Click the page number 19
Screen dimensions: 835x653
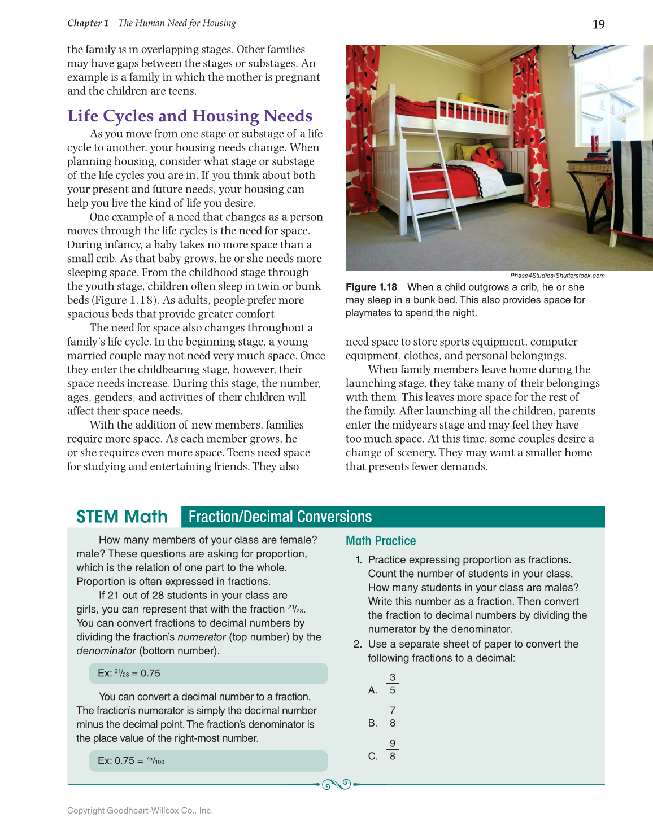coord(598,24)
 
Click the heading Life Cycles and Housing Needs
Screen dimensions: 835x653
coord(190,116)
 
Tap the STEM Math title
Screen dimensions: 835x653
coord(122,517)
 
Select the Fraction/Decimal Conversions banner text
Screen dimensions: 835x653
coord(280,517)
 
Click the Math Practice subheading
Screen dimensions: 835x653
coord(381,541)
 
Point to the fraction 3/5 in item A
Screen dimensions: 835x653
coord(393,684)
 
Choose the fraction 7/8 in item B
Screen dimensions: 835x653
coord(393,716)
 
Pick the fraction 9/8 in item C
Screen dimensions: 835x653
coord(393,750)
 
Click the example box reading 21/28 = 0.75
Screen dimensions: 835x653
coord(208,673)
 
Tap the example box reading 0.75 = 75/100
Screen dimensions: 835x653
coord(208,760)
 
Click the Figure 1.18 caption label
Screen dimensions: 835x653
coord(371,287)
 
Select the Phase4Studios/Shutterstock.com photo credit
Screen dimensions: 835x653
coord(557,276)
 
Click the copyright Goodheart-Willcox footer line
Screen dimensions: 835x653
coord(140,810)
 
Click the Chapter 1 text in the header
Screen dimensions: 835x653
coord(88,23)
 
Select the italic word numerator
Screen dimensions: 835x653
coord(202,637)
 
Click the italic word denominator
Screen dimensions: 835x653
coord(106,650)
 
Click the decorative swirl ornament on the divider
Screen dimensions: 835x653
coord(336,784)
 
